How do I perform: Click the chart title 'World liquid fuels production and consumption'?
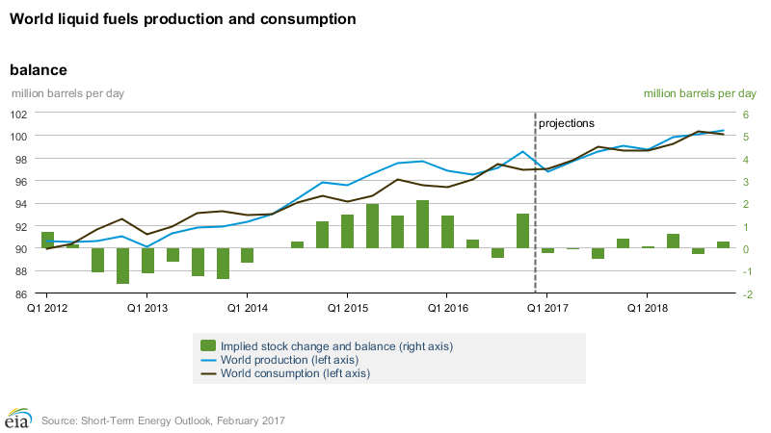click(x=182, y=19)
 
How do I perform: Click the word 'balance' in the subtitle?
click(x=38, y=70)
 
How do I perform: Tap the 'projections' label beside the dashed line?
click(x=566, y=123)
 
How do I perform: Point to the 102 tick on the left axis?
click(x=18, y=114)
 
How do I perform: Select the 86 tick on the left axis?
click(x=20, y=293)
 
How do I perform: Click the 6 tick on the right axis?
click(x=745, y=114)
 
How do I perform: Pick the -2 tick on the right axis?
click(x=747, y=293)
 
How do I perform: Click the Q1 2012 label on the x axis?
click(x=46, y=309)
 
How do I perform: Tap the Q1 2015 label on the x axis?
click(x=346, y=309)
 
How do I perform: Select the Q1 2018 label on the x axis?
click(x=647, y=309)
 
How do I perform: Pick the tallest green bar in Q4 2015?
click(x=422, y=224)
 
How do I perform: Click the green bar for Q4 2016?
click(x=522, y=231)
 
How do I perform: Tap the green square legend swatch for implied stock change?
click(x=207, y=345)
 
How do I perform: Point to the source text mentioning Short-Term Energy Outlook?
click(x=163, y=420)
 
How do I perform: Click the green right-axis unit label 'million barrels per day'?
click(x=700, y=93)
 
